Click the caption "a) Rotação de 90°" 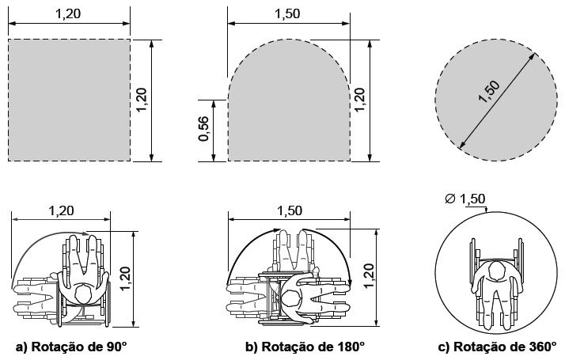click(72, 347)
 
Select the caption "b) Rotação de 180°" click(305, 347)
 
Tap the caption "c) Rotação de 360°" click(498, 347)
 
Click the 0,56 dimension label click(203, 129)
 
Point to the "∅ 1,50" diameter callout click(465, 199)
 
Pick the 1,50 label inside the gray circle click(489, 92)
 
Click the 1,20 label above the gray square click(68, 13)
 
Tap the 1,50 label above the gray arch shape click(287, 13)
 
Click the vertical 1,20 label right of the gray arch click(359, 100)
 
